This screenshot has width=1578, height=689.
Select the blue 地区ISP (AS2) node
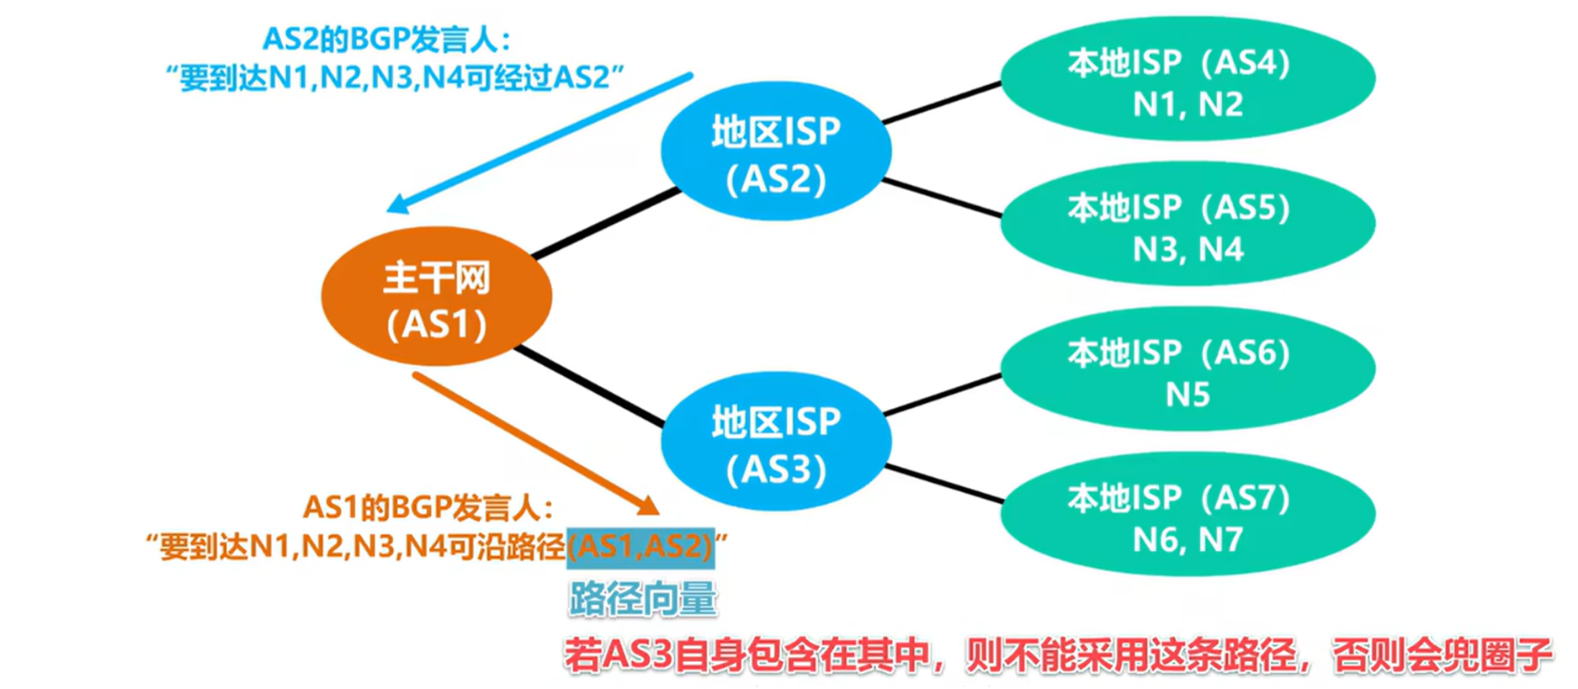tap(775, 153)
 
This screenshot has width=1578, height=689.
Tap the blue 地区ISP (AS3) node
tap(775, 443)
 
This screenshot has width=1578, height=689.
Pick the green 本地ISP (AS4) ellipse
tap(1187, 80)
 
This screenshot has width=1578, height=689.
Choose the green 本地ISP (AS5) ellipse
tap(1187, 225)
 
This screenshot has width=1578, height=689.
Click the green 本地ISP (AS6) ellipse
tap(1187, 371)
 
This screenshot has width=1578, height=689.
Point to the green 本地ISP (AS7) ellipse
tap(1187, 516)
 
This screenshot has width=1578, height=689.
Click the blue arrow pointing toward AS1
tap(539, 143)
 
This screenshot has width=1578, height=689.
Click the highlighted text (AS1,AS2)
tap(640, 548)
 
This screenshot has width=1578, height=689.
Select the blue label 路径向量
tap(642, 599)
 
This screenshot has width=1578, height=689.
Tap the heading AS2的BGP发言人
tap(386, 39)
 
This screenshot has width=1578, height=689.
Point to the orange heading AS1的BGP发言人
tap(428, 507)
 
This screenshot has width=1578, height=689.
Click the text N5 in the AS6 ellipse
tap(1187, 394)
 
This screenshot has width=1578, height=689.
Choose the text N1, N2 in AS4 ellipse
tap(1187, 104)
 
